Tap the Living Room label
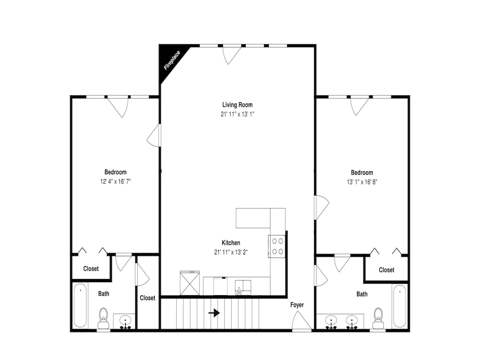tap(237, 105)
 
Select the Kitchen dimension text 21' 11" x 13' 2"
tap(231, 252)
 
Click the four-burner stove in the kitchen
tap(277, 246)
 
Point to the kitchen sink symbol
tap(243, 287)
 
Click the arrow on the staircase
tap(214, 313)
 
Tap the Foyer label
tap(297, 305)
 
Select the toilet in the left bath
tap(104, 318)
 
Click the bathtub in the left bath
tap(80, 305)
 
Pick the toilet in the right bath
tap(378, 318)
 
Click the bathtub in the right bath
tap(399, 306)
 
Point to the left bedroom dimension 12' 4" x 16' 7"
tap(115, 181)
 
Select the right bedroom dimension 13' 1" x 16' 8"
tap(362, 182)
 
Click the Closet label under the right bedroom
tap(386, 270)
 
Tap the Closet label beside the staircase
tap(147, 298)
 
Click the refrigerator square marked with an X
tap(190, 284)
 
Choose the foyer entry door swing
tap(300, 320)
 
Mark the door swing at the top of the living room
tap(231, 55)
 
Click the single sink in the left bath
tap(125, 321)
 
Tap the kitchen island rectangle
tap(253, 218)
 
